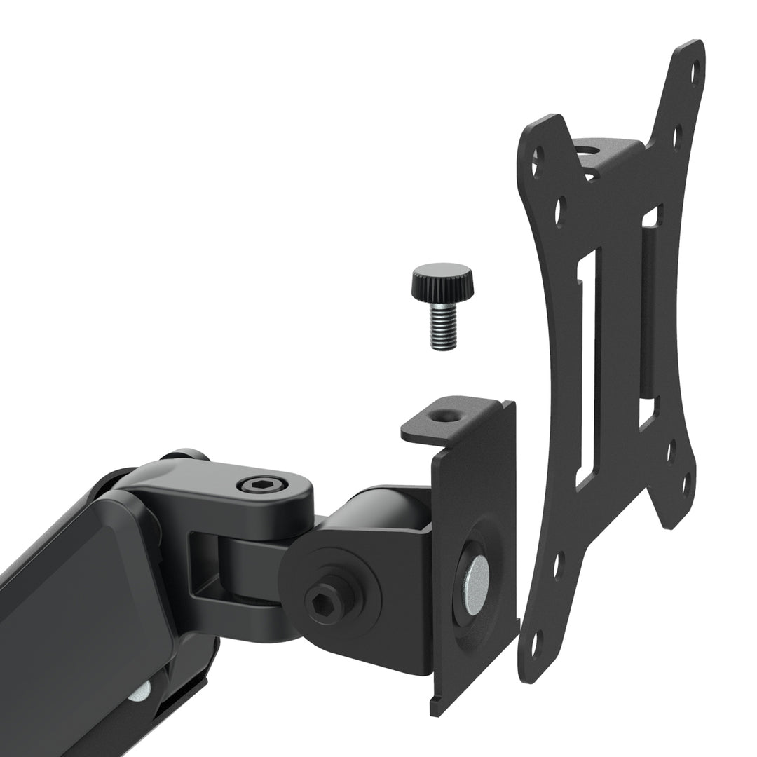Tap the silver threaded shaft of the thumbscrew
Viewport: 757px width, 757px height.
pos(443,326)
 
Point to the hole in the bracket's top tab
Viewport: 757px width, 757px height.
pos(444,416)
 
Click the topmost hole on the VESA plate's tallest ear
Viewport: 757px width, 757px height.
pos(695,70)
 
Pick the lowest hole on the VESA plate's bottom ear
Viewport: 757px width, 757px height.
pos(536,643)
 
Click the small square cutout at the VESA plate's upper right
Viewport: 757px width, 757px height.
pos(650,216)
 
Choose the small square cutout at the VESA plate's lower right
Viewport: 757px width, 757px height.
pos(647,412)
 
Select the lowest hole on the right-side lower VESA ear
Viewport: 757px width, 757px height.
pos(686,483)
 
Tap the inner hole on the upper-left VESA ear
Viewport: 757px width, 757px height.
pos(560,211)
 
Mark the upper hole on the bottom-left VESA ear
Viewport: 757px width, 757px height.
pos(558,565)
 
